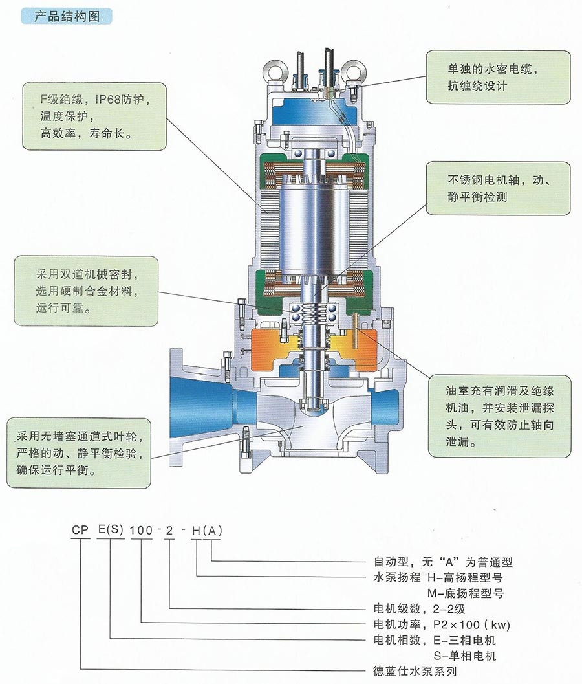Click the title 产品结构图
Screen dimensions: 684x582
[72, 17]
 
